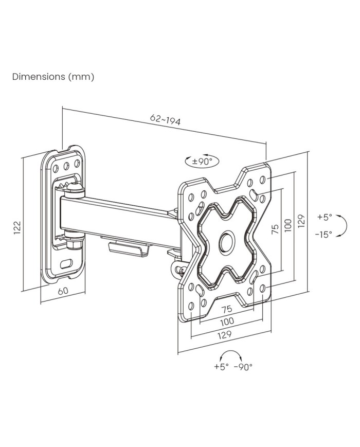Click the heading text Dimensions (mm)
coord(53,77)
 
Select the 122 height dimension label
coord(17,227)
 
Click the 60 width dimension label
coord(63,291)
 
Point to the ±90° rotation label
coord(202,161)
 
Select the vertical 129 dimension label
coord(302,220)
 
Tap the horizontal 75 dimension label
coord(226,309)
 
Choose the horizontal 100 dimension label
coord(227,321)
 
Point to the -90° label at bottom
coord(243,367)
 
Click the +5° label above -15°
coord(325,217)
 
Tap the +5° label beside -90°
coord(221,367)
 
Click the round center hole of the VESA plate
coord(226,242)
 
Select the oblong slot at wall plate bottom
coord(66,263)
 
